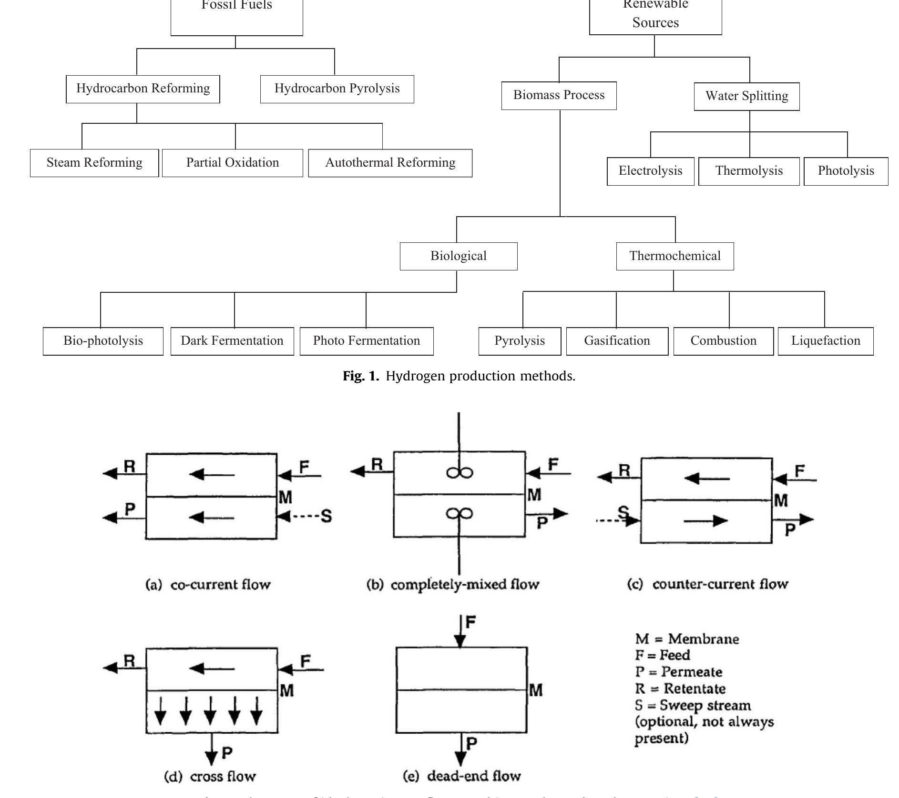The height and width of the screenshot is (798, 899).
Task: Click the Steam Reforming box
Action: click(x=94, y=163)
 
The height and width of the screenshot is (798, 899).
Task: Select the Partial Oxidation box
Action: click(x=232, y=163)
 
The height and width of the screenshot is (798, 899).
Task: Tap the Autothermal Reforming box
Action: click(x=390, y=163)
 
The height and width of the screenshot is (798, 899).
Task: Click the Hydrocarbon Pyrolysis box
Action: click(x=337, y=89)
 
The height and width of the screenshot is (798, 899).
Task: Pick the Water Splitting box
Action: click(x=746, y=97)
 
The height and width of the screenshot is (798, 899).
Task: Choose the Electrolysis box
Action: click(x=650, y=171)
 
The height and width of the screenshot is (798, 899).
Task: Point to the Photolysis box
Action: click(x=846, y=171)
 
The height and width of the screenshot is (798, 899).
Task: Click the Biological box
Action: click(x=459, y=256)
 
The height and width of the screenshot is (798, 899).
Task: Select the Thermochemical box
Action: click(x=674, y=256)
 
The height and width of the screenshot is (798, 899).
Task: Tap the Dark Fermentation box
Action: click(x=232, y=341)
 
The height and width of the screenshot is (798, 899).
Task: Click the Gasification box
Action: click(x=617, y=341)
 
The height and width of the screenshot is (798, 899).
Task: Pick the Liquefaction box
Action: click(x=826, y=341)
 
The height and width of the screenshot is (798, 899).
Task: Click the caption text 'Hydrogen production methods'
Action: click(x=480, y=376)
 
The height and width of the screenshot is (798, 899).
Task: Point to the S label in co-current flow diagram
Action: click(x=327, y=516)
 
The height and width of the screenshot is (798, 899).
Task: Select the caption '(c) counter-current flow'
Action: click(x=707, y=584)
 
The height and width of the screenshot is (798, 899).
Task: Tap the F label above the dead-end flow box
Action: click(x=470, y=622)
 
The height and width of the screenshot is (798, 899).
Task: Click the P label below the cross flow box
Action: click(x=227, y=753)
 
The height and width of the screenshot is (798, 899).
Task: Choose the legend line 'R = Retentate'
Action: click(x=680, y=688)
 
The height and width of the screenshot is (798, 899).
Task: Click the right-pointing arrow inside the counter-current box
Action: click(x=705, y=521)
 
